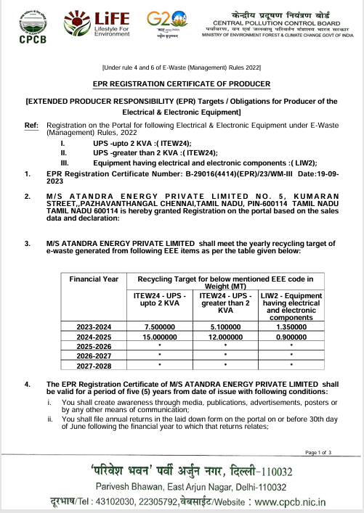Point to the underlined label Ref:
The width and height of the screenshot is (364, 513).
pos(31,126)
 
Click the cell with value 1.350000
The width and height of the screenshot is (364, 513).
pos(291,327)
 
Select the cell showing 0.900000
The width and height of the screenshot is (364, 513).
pos(291,337)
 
